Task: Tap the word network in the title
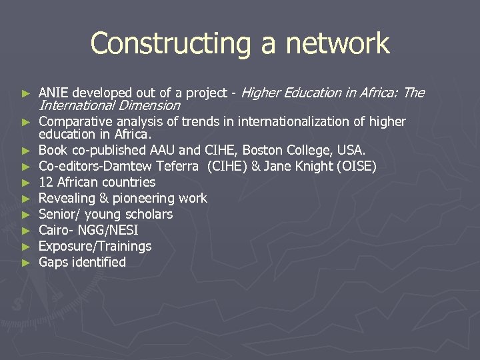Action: (x=337, y=44)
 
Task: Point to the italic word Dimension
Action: (x=153, y=105)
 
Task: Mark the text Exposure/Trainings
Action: (x=95, y=246)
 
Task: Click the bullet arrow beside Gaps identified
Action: (x=26, y=263)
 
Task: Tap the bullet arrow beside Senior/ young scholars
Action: (x=26, y=215)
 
